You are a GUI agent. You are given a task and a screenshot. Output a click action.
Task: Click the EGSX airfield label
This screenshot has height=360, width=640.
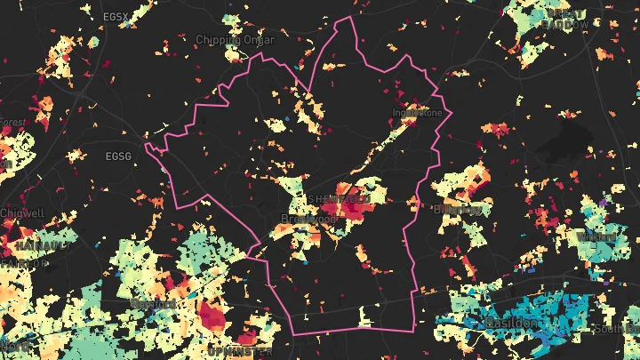tap(116, 16)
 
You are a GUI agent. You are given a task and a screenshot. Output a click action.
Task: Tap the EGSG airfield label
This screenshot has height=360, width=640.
tap(117, 156)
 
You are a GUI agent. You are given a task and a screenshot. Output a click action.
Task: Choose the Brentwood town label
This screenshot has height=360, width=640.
tap(308, 219)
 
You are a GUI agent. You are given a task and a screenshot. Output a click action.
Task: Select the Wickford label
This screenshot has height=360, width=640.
tap(597, 236)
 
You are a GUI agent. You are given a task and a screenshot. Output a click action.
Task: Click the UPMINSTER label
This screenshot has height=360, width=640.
tap(237, 350)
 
